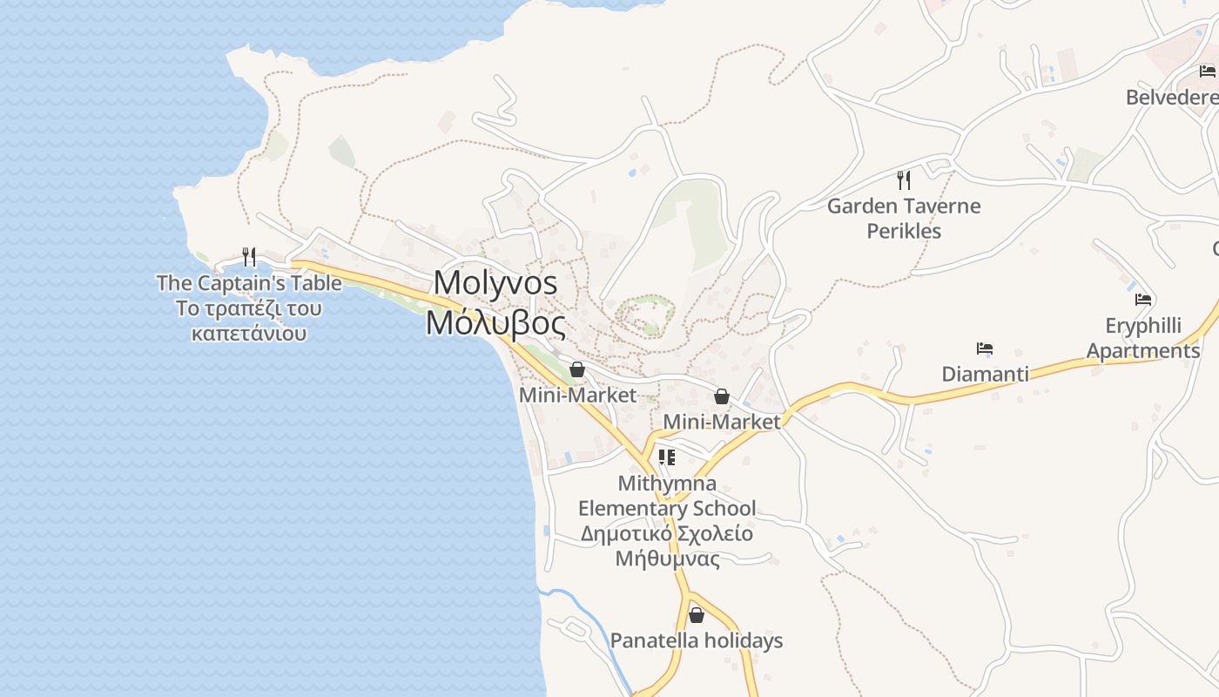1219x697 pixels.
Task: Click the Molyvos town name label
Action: [495, 282]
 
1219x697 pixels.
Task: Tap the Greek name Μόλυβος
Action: [495, 323]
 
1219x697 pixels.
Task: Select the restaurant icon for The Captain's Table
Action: [249, 256]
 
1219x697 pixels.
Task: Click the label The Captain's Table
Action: [249, 283]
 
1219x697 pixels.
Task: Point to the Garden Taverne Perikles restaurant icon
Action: [904, 180]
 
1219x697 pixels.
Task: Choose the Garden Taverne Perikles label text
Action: [904, 218]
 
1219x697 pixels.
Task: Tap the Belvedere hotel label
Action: [1172, 97]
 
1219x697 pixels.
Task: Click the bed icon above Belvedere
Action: [1207, 71]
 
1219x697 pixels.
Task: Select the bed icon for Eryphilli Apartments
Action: [1143, 300]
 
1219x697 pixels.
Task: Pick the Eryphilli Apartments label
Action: [1143, 338]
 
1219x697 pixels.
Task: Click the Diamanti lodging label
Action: [985, 375]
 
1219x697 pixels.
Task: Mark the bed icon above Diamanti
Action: [985, 348]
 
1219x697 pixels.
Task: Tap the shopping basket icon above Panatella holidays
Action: [696, 615]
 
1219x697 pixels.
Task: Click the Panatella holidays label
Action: [696, 641]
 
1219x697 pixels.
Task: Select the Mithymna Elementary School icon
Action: [667, 457]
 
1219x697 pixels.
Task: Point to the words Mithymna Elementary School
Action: [667, 496]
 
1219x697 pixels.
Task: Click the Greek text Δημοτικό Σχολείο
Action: [667, 533]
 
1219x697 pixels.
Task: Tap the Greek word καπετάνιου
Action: [249, 334]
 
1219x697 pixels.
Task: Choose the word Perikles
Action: [904, 232]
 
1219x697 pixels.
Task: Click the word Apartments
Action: [1143, 351]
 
